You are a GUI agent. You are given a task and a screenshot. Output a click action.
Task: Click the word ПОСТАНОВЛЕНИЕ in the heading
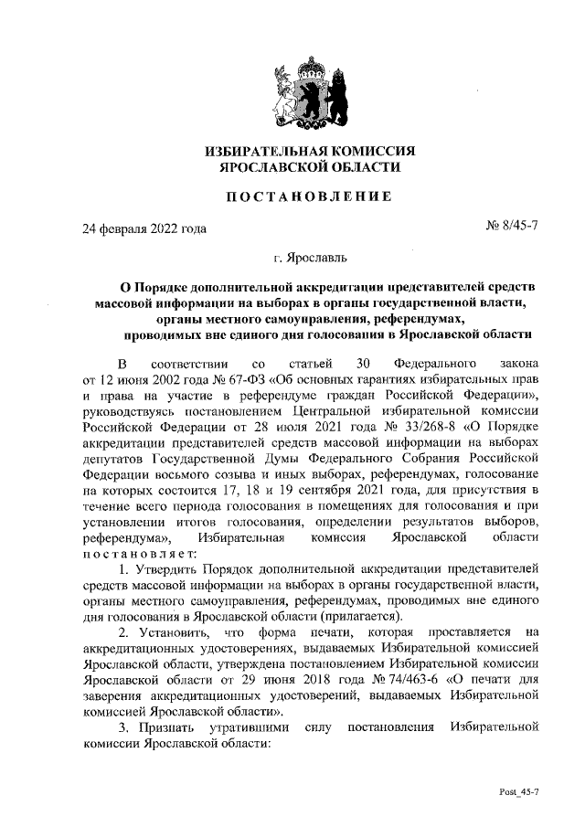310,195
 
